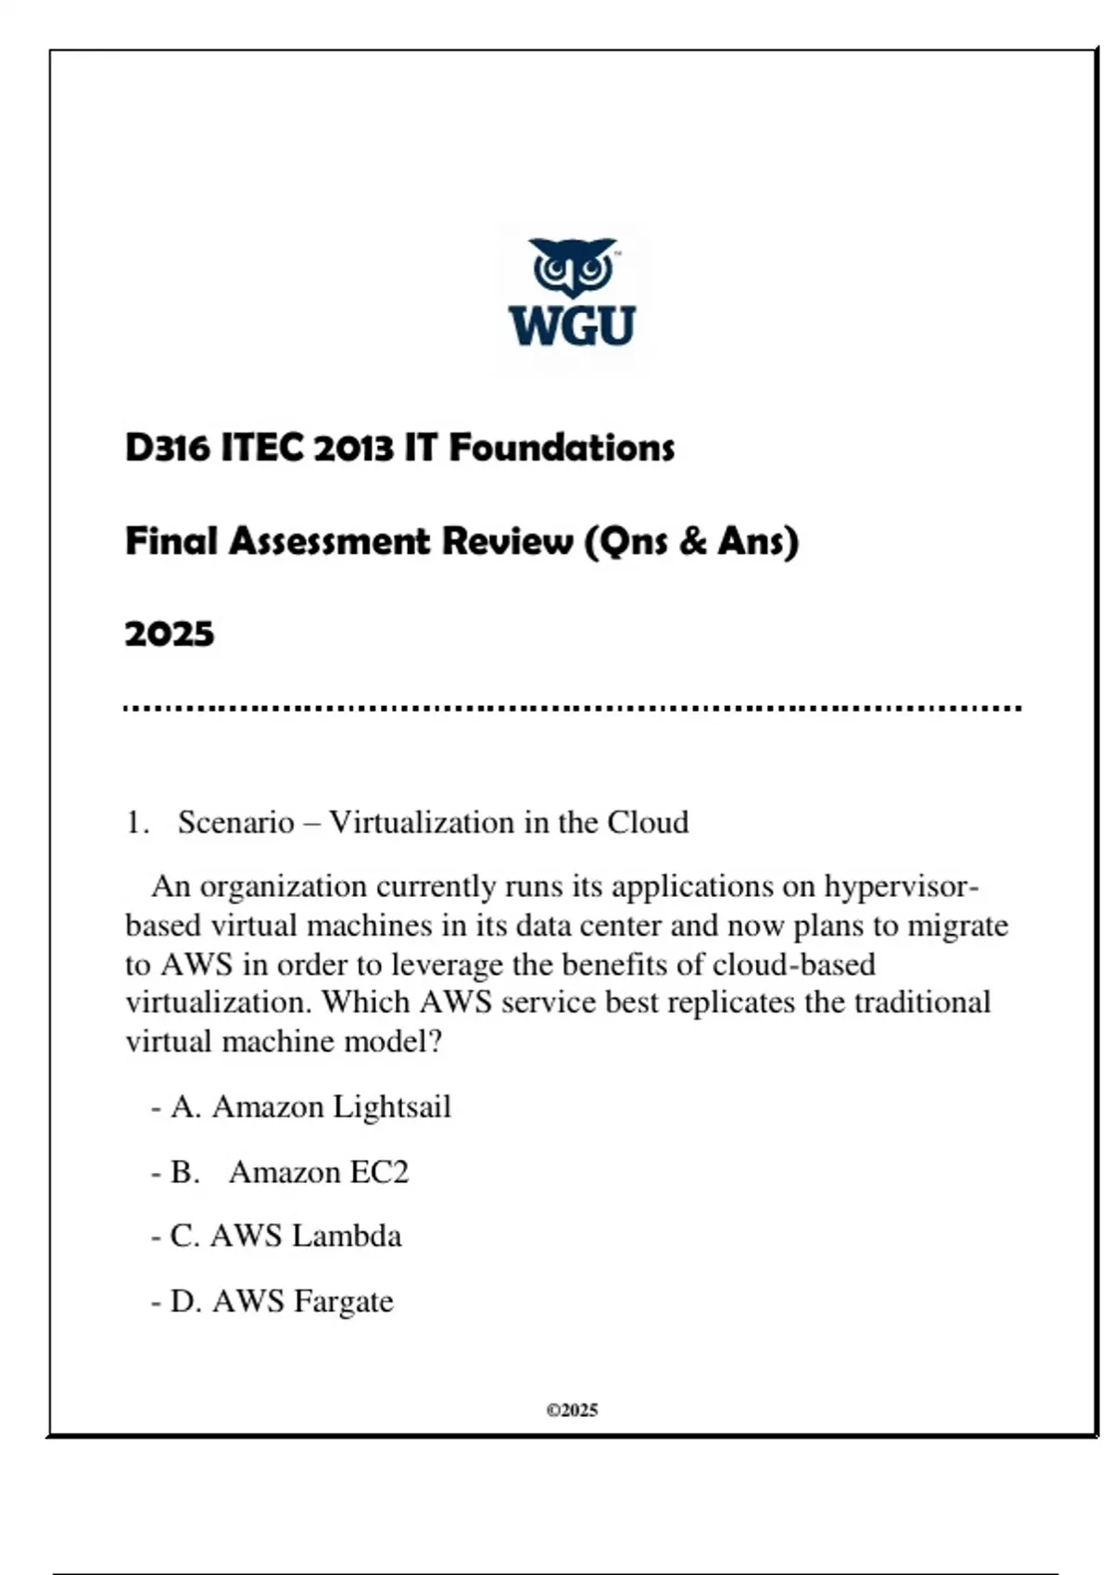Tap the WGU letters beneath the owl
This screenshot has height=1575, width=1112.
(572, 326)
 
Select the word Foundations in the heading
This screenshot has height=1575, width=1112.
(562, 448)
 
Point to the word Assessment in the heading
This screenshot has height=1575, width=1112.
(329, 541)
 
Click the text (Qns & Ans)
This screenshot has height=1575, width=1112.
(691, 541)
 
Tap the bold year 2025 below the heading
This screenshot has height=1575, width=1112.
(170, 635)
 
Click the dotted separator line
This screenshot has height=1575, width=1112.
(572, 709)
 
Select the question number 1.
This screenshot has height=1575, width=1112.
(137, 823)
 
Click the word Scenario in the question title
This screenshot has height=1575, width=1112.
(235, 823)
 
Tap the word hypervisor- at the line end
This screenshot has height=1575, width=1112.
(902, 887)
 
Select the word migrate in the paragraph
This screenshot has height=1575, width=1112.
(957, 926)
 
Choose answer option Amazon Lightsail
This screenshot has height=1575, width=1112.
(331, 1107)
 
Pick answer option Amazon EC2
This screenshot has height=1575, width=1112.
(319, 1172)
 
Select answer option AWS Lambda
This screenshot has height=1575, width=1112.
(306, 1236)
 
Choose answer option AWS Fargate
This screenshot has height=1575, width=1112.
(302, 1301)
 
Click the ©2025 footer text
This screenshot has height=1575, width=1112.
(572, 1410)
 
